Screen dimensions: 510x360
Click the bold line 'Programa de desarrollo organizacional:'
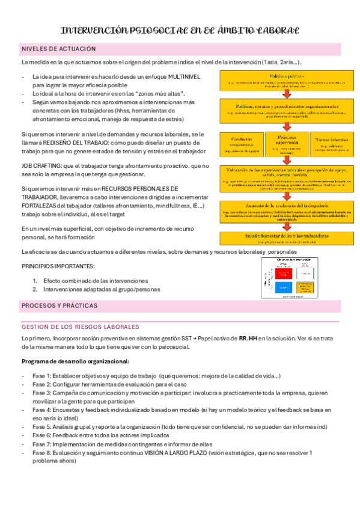coord(75,361)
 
